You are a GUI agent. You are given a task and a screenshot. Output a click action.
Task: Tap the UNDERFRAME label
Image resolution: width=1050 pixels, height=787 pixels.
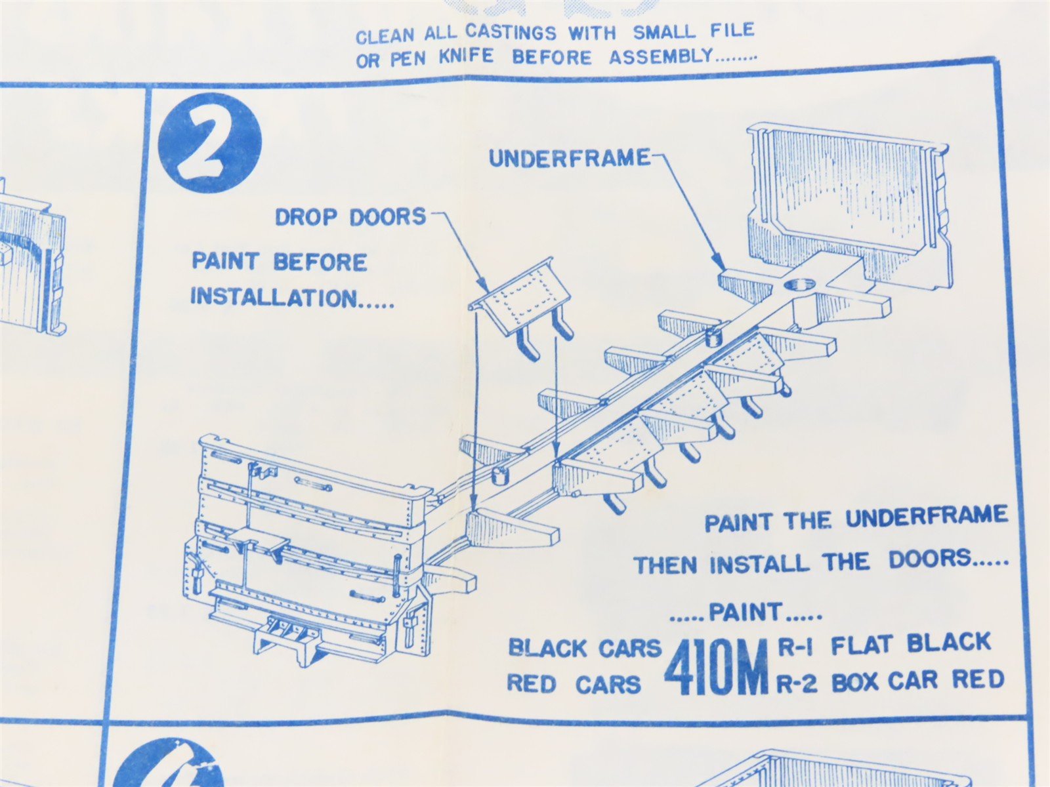(x=570, y=159)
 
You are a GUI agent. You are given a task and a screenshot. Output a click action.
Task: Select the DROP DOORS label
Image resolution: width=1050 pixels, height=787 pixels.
(x=350, y=218)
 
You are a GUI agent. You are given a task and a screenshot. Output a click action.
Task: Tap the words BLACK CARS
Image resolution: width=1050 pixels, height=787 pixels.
(x=584, y=649)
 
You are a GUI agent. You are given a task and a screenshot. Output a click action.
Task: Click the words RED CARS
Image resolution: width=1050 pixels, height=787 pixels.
(x=574, y=685)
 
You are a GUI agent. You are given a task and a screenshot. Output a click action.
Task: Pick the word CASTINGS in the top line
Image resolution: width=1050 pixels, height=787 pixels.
(x=511, y=33)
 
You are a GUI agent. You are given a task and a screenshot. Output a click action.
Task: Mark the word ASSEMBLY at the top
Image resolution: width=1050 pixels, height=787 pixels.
(x=661, y=56)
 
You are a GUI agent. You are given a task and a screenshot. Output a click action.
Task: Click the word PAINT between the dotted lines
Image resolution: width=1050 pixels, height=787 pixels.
(x=745, y=612)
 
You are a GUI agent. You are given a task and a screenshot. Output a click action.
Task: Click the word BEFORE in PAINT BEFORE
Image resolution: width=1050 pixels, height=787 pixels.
(x=320, y=262)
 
